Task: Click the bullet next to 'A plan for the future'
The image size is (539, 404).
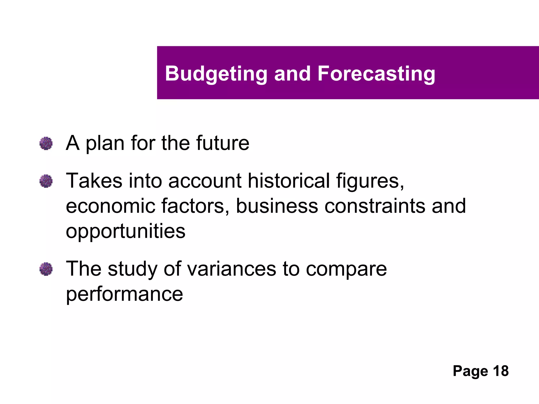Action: pyautogui.click(x=46, y=143)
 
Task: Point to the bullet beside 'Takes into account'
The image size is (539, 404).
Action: pyautogui.click(x=46, y=181)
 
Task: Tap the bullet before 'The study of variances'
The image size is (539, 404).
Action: pyautogui.click(x=46, y=269)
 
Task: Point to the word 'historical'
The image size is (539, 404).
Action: pyautogui.click(x=289, y=181)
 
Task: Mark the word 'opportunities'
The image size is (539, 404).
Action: pyautogui.click(x=126, y=231)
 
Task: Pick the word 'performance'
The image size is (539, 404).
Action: pyautogui.click(x=124, y=294)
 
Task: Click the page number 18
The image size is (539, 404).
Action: pyautogui.click(x=501, y=371)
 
